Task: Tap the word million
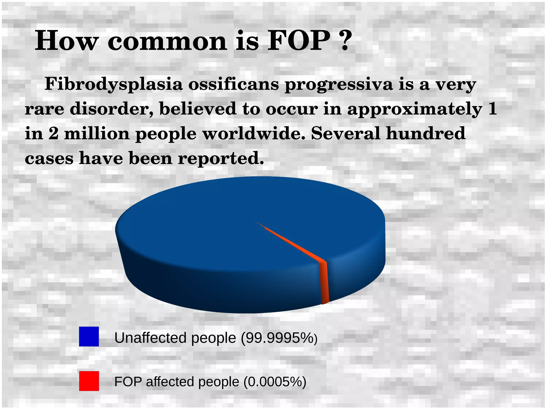97,133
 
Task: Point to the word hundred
426,133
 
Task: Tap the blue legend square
89,337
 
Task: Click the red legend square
89,381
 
